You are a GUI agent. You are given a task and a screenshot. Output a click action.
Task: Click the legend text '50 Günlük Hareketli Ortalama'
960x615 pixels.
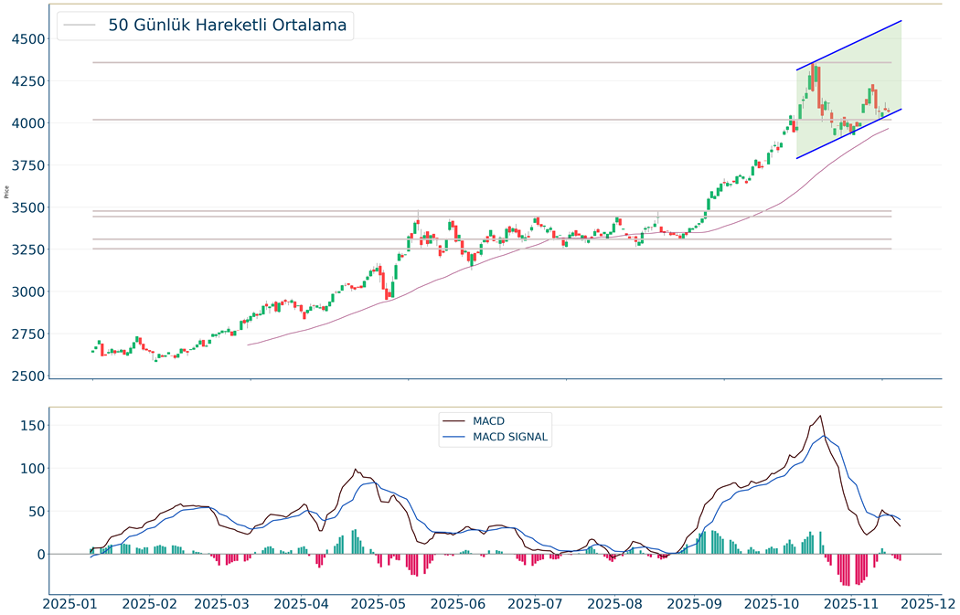tap(227, 26)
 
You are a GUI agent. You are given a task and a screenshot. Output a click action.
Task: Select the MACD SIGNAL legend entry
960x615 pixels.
tap(510, 437)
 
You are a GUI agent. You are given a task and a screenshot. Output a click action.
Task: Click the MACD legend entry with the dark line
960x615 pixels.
tap(488, 421)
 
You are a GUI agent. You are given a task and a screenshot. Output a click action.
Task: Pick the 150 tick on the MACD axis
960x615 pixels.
tap(34, 425)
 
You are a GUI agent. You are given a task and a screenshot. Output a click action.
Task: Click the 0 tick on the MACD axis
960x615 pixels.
tap(40, 554)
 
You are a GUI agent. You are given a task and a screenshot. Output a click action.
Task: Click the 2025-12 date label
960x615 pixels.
tap(922, 603)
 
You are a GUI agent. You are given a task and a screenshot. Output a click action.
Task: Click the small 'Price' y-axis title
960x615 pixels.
tap(7, 192)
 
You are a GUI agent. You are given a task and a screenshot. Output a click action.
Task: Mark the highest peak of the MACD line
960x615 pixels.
tap(820, 417)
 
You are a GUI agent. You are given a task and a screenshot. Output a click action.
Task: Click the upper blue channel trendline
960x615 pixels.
tap(850, 45)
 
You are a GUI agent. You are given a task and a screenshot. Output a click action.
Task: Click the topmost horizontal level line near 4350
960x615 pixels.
tap(457, 62)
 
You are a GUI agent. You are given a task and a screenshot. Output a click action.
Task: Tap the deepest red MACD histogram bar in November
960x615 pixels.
tap(847, 584)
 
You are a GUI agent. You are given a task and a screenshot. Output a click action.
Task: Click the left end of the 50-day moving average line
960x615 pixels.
tap(249, 345)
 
